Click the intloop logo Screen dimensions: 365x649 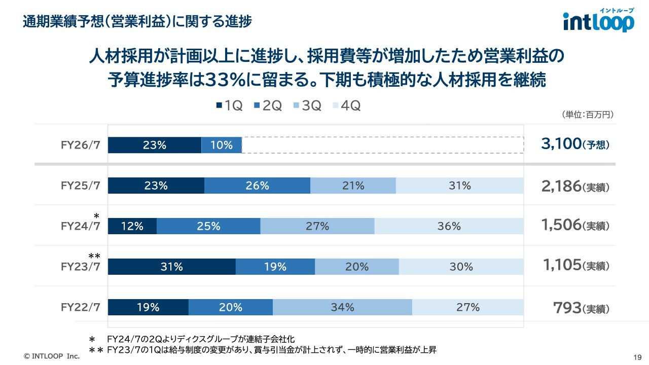[x=598, y=21]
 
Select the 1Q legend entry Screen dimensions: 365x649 [x=229, y=105]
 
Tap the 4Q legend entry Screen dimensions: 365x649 [x=346, y=105]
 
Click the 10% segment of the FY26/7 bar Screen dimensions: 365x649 [x=222, y=145]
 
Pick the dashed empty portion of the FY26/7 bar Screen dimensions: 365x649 [x=383, y=145]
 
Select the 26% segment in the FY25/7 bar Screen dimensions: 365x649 [x=257, y=186]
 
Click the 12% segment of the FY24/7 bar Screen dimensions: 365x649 [x=132, y=226]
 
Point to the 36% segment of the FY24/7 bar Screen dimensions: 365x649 [x=449, y=226]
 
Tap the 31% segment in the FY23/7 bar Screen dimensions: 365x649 [x=171, y=267]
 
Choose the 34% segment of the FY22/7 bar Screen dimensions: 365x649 [x=342, y=307]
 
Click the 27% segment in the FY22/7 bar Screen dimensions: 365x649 [x=467, y=307]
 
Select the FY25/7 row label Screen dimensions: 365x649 [x=80, y=186]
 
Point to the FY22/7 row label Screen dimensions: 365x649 [x=80, y=307]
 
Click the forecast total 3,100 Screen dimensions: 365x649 [x=561, y=144]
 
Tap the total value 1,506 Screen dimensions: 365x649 [x=561, y=226]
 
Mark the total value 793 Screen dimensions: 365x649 [x=567, y=308]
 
